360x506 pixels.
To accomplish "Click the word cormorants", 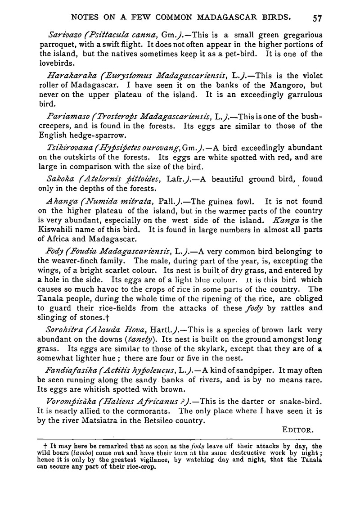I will tap(150, 411).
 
